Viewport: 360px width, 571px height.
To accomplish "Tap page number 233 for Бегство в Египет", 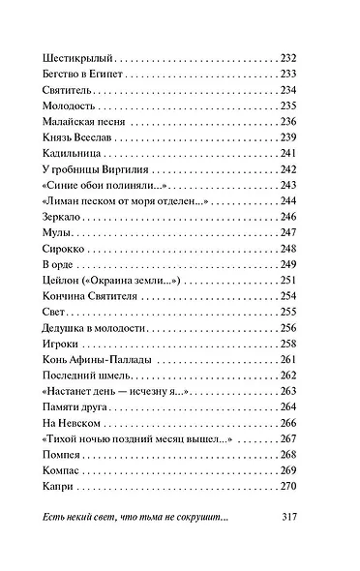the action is click(289, 74).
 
